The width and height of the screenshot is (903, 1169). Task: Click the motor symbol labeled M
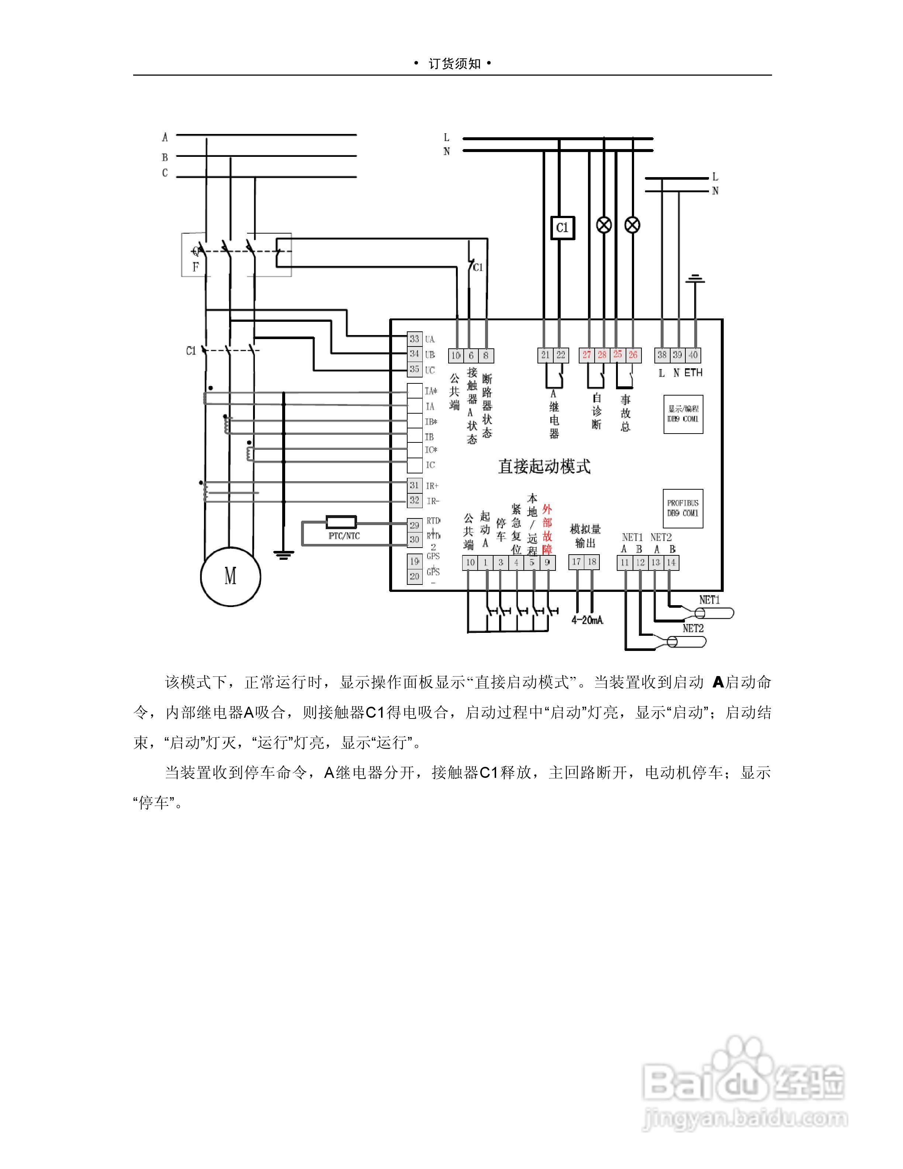[230, 576]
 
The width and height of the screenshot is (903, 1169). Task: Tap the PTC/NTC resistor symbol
[341, 523]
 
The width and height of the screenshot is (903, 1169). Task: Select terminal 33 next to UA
[415, 339]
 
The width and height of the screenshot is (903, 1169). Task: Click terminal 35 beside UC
[415, 369]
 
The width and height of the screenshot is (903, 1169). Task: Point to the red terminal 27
[587, 355]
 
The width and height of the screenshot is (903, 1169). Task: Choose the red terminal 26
[633, 355]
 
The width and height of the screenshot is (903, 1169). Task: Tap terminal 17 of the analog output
[576, 562]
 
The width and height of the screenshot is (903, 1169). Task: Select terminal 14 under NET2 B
[671, 563]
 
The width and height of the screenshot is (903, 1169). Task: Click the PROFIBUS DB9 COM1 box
[683, 508]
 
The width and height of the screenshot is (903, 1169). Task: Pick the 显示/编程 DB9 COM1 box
[683, 414]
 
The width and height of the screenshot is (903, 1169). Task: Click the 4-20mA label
[587, 620]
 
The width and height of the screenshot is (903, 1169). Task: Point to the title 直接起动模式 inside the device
[544, 466]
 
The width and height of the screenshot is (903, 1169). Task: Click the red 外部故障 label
[547, 529]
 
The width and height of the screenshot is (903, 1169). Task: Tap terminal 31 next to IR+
[415, 486]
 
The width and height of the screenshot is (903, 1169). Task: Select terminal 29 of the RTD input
[415, 525]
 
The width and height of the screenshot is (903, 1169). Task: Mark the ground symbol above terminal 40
[695, 279]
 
